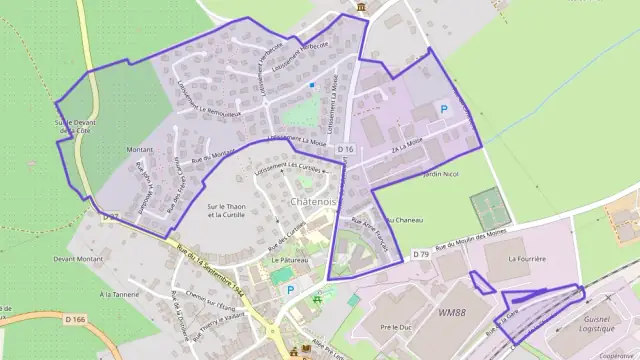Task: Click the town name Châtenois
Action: [x=313, y=202]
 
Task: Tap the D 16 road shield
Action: [x=346, y=149]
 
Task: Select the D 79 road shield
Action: [x=422, y=255]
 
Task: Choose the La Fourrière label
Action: [x=527, y=259]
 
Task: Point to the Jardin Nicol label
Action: [x=440, y=174]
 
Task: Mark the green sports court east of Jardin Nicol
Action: [x=489, y=209]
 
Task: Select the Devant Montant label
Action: [x=79, y=259]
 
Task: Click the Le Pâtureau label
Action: [x=289, y=260]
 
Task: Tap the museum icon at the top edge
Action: [x=359, y=8]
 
